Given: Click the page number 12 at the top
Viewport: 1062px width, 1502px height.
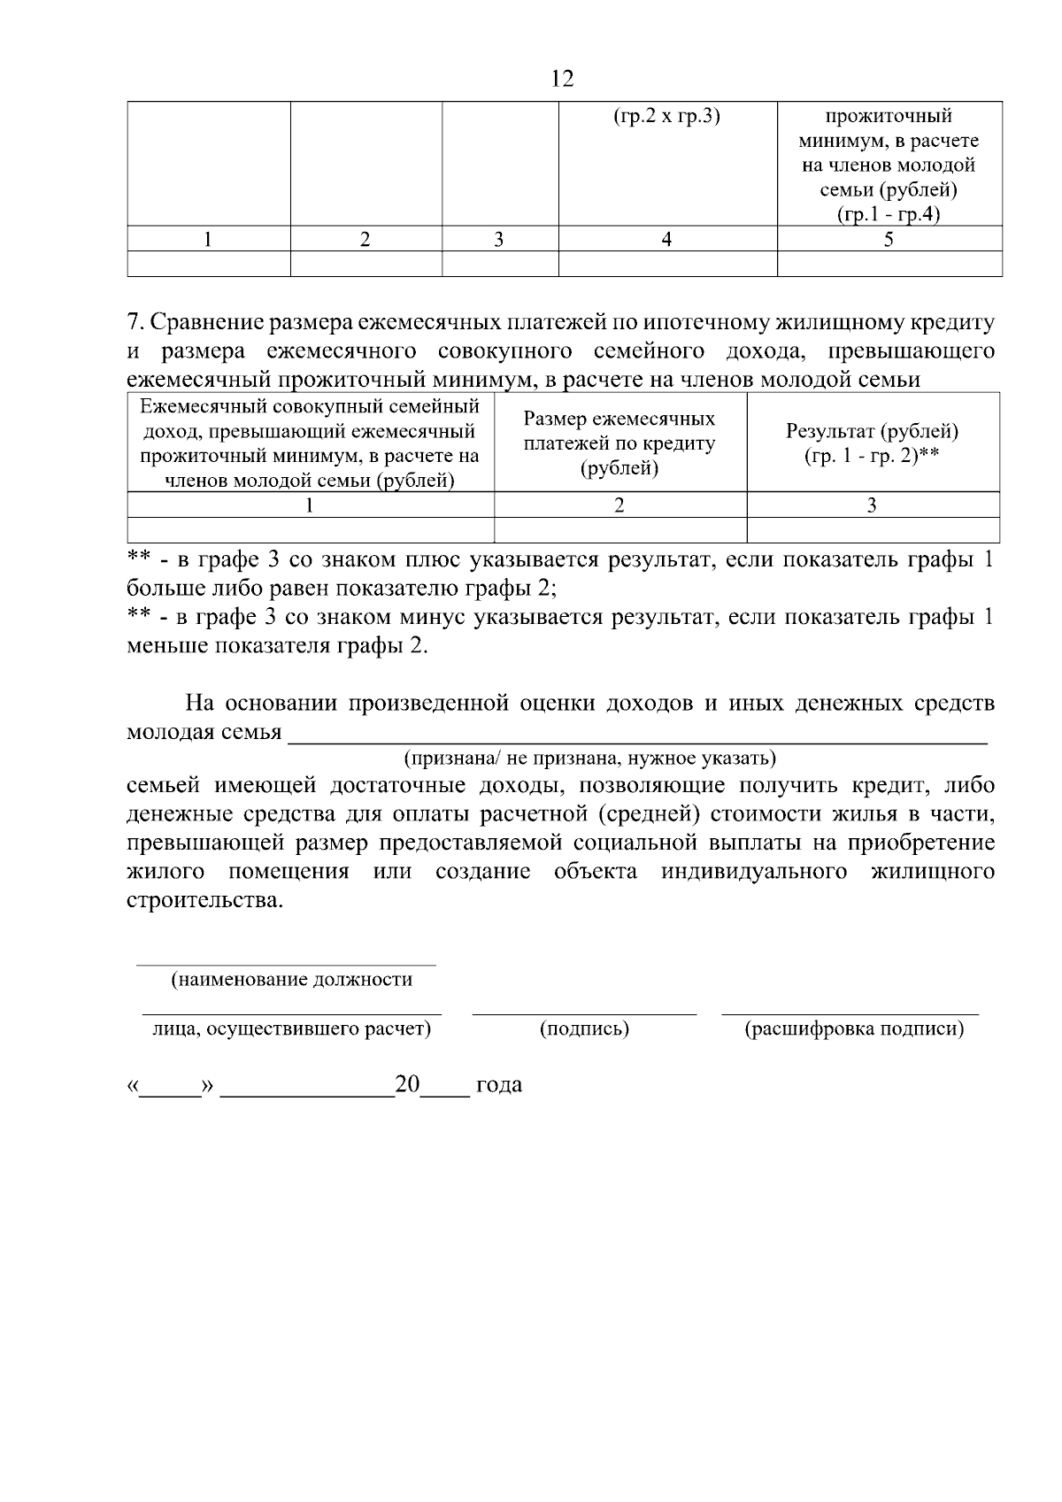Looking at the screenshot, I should click(x=562, y=79).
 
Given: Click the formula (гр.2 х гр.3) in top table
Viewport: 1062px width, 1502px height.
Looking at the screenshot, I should click(x=666, y=116).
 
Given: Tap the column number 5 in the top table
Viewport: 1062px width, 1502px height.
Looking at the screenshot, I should click(x=889, y=239).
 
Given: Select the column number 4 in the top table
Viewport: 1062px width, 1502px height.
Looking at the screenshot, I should click(x=666, y=239).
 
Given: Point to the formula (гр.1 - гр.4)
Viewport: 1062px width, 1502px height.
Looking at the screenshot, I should click(x=889, y=215).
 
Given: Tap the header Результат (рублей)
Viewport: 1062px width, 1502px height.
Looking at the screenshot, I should click(x=872, y=432).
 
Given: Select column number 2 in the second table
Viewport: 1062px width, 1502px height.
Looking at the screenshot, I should click(x=619, y=505).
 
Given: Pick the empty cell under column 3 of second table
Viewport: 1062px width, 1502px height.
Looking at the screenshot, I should click(x=873, y=530).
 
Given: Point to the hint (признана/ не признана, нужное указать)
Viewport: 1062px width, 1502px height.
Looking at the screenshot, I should click(x=589, y=759).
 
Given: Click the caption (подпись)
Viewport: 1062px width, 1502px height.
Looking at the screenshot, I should click(x=584, y=1029).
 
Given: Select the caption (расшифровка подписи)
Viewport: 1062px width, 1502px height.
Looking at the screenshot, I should click(x=854, y=1029).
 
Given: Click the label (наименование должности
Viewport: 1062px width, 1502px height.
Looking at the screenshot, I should click(x=291, y=980).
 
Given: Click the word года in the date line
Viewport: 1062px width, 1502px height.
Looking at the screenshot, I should click(x=499, y=1085).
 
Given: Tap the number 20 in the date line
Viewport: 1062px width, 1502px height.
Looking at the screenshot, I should click(x=407, y=1084).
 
